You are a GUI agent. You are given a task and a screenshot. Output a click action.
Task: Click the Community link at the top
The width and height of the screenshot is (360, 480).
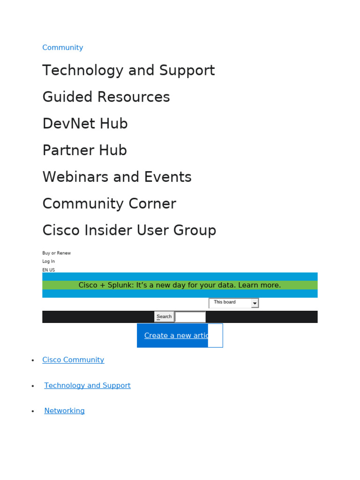coord(62,47)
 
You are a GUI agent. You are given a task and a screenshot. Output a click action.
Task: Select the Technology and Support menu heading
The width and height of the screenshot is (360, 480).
coord(128,70)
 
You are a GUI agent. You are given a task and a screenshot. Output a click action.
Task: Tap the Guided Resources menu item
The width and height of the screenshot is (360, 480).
coord(106,97)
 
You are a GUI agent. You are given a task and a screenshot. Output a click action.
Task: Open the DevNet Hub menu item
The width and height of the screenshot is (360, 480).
coord(85,124)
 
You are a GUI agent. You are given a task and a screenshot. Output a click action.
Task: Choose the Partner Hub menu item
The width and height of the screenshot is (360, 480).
coord(84,150)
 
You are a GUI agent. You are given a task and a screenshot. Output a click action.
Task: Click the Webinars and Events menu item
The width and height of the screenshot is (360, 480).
coord(117,177)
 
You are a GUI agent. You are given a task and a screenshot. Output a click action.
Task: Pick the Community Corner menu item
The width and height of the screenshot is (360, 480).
coord(109,204)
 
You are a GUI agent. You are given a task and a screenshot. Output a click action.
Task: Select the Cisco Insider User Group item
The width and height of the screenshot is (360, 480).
coord(129,231)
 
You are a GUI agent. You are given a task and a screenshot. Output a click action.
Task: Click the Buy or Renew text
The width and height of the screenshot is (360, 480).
coord(56,253)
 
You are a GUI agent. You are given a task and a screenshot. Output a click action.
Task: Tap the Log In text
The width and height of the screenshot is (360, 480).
coord(48,262)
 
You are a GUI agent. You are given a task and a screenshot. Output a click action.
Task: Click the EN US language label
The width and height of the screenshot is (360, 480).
coord(48,270)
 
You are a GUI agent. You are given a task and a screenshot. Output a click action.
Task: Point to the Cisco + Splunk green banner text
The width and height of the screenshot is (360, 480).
coord(180,285)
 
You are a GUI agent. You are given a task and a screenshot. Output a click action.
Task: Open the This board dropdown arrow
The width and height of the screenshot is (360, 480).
coord(255,303)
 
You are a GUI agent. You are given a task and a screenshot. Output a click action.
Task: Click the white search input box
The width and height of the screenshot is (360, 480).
coord(190,317)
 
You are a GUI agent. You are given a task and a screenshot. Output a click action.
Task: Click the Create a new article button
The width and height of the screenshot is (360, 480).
coord(176,336)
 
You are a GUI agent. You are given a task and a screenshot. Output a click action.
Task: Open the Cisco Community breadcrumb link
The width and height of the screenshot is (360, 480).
coord(73,360)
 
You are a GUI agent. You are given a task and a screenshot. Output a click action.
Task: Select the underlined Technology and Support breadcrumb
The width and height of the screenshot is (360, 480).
coord(87,385)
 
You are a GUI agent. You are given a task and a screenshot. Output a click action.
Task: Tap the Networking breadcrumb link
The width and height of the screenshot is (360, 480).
coord(64,411)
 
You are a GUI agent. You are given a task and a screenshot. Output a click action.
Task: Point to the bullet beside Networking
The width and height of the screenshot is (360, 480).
coord(33,411)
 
